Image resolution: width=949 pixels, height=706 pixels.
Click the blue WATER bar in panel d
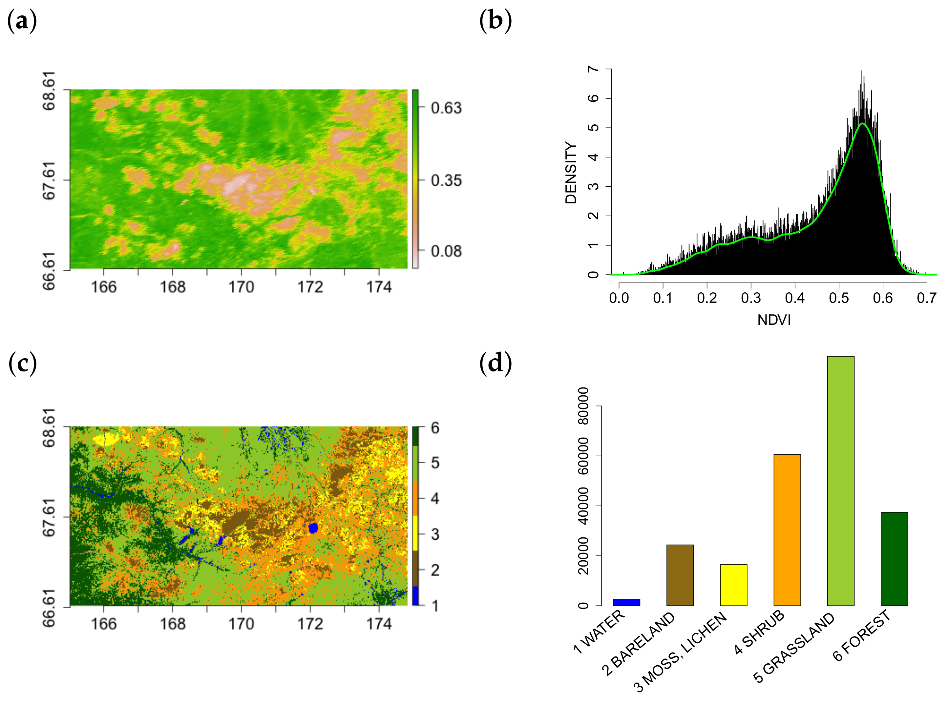click(626, 602)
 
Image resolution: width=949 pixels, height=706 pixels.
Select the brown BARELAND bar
click(680, 575)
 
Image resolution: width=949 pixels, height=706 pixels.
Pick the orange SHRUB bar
click(787, 530)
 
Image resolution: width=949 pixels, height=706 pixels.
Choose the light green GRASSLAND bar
click(840, 481)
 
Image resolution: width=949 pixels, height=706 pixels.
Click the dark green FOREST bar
click(894, 559)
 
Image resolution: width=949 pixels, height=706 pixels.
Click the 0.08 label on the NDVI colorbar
click(446, 251)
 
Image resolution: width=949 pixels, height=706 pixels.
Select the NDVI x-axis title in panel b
click(774, 320)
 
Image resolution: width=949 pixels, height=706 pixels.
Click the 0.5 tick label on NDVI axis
click(839, 298)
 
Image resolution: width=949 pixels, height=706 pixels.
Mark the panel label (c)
click(22, 363)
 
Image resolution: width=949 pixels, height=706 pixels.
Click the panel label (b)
click(495, 21)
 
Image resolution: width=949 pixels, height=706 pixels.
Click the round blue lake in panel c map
click(313, 528)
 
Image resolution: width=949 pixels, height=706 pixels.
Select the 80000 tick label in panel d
click(583, 406)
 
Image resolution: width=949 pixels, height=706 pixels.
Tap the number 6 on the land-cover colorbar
click(435, 428)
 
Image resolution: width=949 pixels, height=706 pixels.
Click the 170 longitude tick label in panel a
click(241, 287)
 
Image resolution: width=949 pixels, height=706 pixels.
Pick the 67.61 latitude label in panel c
click(49, 517)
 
